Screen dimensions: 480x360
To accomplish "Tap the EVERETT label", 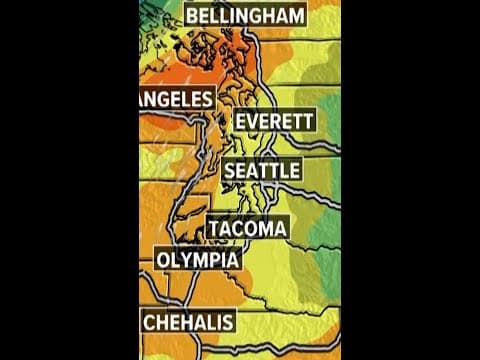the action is pyautogui.click(x=274, y=122).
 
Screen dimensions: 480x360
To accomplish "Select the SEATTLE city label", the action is pyautogui.click(x=261, y=172).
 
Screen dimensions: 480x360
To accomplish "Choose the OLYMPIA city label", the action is pyautogui.click(x=198, y=261).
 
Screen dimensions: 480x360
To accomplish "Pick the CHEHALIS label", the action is pyautogui.click(x=189, y=322).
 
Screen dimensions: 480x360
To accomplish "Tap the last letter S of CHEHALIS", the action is pyautogui.click(x=227, y=322).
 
